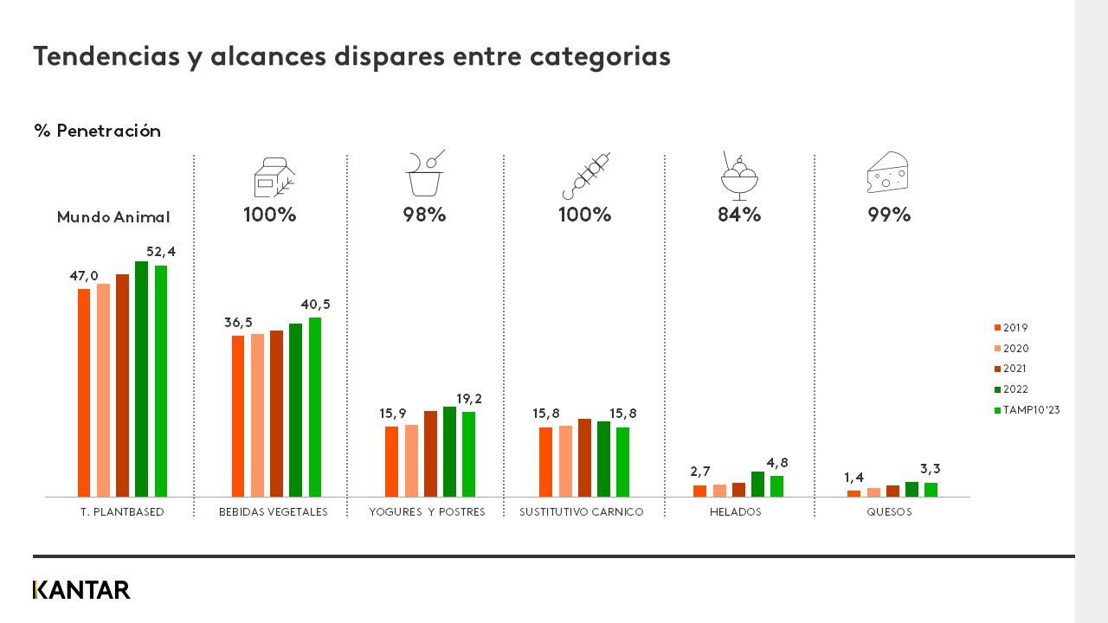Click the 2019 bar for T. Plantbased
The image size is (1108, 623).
(84, 393)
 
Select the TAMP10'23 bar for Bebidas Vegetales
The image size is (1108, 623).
(315, 407)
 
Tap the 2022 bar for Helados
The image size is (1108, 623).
(757, 484)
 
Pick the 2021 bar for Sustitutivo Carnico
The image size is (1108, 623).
(584, 458)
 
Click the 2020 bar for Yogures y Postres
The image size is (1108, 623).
(411, 460)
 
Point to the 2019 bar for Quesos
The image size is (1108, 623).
(854, 493)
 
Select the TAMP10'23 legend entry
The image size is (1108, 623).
(1027, 410)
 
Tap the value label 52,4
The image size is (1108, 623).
(161, 252)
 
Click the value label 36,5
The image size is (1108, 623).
(238, 323)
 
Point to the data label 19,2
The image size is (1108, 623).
(468, 399)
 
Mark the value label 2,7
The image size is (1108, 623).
(700, 472)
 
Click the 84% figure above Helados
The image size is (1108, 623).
(739, 215)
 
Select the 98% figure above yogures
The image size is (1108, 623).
(424, 215)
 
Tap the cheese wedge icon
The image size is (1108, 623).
(887, 173)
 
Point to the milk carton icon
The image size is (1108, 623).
(273, 177)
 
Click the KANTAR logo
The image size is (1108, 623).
(81, 590)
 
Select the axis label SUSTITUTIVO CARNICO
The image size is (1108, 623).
(582, 512)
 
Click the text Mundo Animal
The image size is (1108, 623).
(113, 217)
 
